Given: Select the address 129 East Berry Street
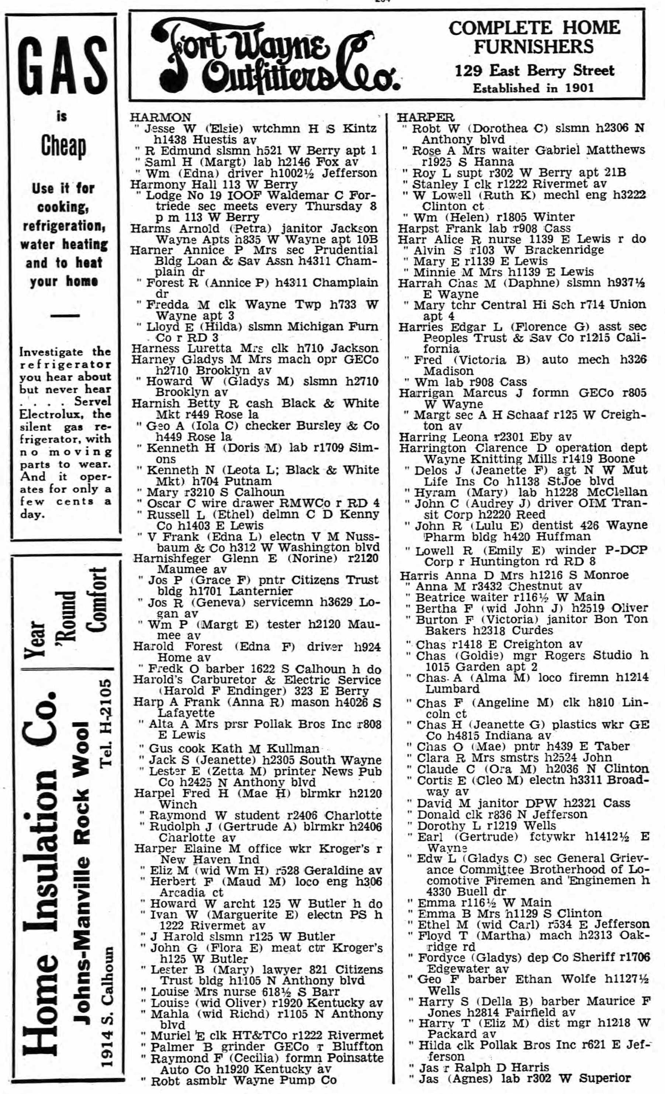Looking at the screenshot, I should pos(534,71).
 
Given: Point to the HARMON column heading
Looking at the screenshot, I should pos(160,117).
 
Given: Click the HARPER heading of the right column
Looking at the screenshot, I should pos(425,117).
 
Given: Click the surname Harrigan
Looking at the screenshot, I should pos(428,393).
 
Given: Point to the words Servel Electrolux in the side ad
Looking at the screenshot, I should pos(66,408).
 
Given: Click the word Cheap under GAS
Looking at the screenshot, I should pos(63,146).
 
